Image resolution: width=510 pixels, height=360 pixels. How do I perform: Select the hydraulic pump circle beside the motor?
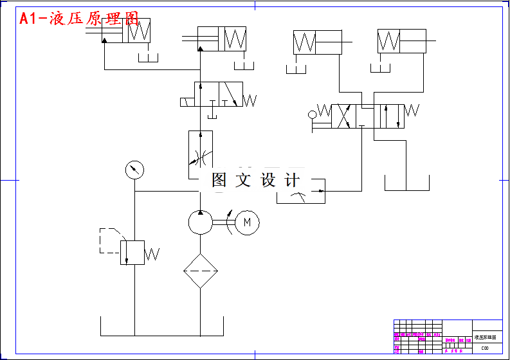(200, 222)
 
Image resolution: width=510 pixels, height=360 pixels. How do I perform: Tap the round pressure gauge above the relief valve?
(134, 170)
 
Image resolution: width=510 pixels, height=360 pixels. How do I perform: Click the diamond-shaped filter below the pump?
(200, 270)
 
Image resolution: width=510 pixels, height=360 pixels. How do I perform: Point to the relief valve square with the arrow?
(132, 251)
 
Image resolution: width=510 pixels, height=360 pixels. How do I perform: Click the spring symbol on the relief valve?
(152, 254)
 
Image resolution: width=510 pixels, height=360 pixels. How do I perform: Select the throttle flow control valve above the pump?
(200, 155)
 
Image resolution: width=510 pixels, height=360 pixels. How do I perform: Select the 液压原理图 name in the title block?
(486, 337)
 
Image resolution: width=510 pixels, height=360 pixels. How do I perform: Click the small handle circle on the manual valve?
(313, 115)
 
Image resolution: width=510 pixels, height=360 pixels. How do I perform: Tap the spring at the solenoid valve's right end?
(250, 100)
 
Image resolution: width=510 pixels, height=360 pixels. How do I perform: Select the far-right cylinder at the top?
(401, 42)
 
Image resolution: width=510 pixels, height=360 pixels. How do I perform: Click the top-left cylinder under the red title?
(126, 31)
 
